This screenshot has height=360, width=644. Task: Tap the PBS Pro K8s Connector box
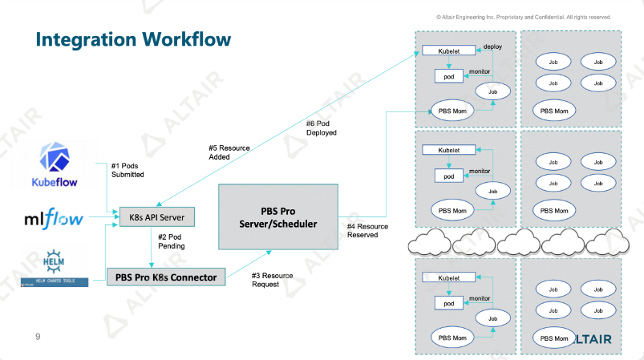click(167, 277)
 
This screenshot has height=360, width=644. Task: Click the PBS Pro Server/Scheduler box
click(277, 216)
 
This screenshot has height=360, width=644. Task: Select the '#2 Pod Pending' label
click(172, 241)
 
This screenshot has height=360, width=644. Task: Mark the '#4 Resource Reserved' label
click(367, 231)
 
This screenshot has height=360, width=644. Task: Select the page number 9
click(37, 336)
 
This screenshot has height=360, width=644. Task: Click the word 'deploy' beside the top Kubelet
click(492, 47)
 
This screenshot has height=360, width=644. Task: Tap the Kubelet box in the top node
click(449, 51)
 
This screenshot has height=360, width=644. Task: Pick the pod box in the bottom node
click(449, 303)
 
